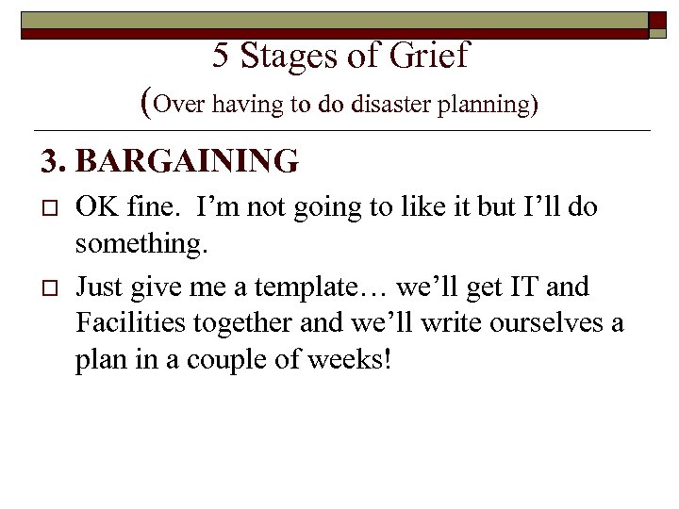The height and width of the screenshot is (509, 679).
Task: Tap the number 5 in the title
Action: pyautogui.click(x=221, y=57)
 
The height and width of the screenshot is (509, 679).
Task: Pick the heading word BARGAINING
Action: pyautogui.click(x=188, y=162)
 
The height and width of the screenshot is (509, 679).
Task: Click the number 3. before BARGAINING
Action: pyautogui.click(x=54, y=162)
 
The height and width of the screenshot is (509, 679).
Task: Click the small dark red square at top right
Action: pyautogui.click(x=658, y=25)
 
